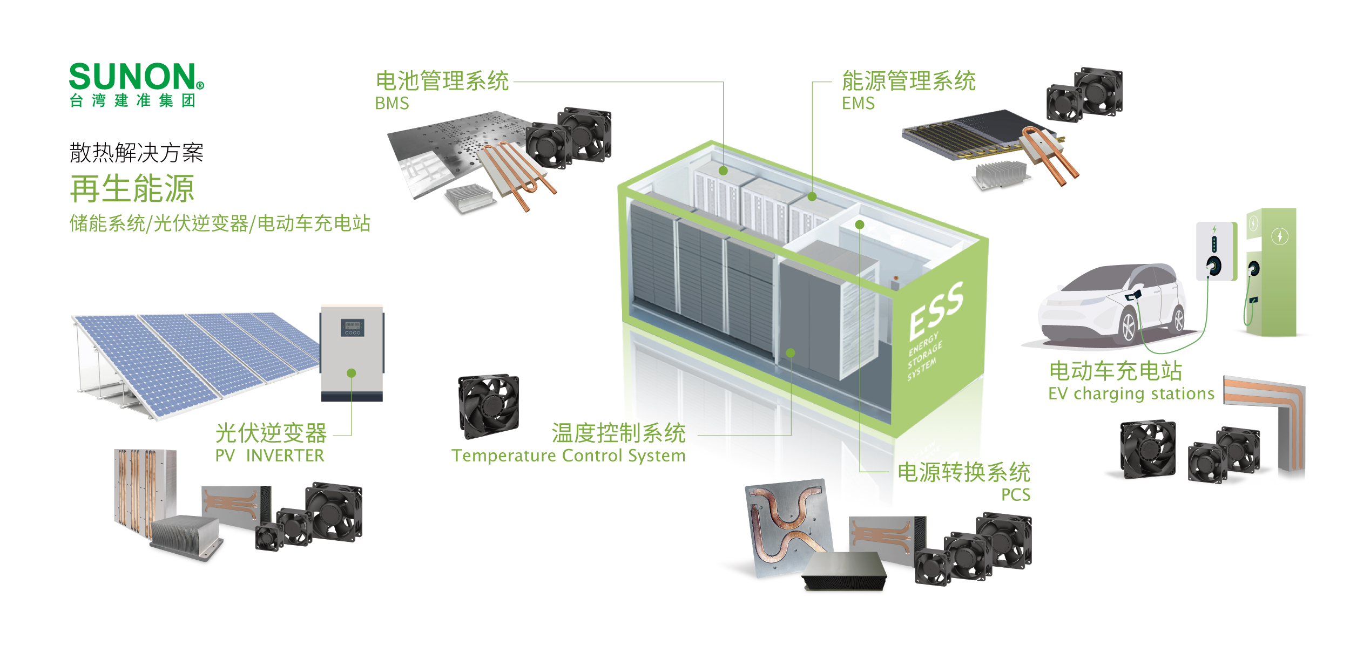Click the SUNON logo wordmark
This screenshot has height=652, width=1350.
[x=132, y=77]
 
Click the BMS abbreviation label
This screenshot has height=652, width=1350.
[x=392, y=103]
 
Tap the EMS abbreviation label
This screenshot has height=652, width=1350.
[x=858, y=103]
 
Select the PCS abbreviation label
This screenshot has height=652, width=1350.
[x=1016, y=494]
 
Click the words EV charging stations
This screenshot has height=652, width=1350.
[x=1131, y=393]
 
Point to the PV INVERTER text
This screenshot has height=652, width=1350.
[x=269, y=456]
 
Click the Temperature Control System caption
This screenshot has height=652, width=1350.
[x=569, y=456]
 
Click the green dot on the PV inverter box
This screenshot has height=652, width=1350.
[x=352, y=373]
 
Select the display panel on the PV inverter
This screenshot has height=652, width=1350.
[x=352, y=327]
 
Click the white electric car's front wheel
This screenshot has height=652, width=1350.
[x=1129, y=325]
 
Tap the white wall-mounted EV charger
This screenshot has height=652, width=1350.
[x=1216, y=251]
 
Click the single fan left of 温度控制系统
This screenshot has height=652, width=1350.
[x=488, y=406]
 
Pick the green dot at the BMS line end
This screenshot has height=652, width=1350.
[x=724, y=171]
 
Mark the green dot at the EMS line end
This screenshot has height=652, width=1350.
[x=812, y=197]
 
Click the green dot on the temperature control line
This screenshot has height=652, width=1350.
[x=791, y=353]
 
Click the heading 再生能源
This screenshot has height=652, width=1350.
[x=132, y=188]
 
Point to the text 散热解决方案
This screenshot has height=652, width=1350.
[x=137, y=153]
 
